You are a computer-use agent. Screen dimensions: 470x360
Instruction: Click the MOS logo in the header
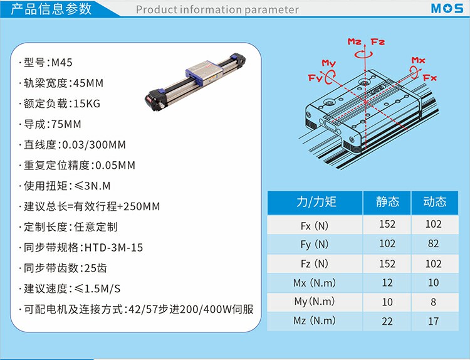(x=447, y=8)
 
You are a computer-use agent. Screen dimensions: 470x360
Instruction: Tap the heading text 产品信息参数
(x=51, y=9)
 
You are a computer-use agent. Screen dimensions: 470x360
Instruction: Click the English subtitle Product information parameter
(x=217, y=9)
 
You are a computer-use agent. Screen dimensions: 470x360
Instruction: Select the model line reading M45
(x=46, y=62)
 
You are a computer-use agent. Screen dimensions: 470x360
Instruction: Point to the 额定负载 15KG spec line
(x=60, y=103)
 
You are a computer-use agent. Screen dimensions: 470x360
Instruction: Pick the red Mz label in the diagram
(x=355, y=41)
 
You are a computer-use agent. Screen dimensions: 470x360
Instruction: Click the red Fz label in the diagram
(x=378, y=41)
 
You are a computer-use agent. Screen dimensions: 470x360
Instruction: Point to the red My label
(x=329, y=63)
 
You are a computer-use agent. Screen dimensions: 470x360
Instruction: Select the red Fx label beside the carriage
(x=430, y=78)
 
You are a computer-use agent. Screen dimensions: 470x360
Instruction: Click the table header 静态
(x=387, y=201)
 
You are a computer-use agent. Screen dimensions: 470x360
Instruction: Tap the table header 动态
(x=435, y=201)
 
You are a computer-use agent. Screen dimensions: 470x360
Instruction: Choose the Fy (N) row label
(x=315, y=244)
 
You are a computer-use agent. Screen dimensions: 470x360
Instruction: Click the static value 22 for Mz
(x=387, y=321)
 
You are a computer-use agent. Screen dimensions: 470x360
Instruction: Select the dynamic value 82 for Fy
(x=434, y=243)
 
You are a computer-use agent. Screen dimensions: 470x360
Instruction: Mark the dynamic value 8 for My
(x=434, y=302)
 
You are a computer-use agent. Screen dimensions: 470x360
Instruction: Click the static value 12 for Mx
(x=387, y=283)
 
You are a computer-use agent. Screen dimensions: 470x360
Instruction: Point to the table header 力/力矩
(x=316, y=201)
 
